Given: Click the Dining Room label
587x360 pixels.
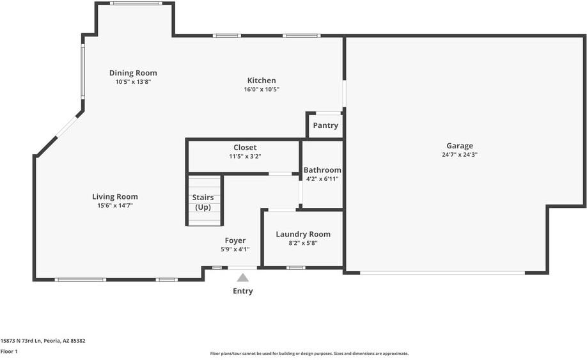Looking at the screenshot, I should tap(133, 73).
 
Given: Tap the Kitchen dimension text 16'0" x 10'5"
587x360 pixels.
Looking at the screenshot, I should tap(262, 90).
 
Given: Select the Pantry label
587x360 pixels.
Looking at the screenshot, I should tap(325, 125).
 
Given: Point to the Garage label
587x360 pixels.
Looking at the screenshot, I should tap(460, 146).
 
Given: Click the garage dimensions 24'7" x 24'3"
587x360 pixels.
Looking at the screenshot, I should tap(460, 155).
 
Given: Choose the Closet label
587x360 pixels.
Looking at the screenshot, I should tap(245, 148).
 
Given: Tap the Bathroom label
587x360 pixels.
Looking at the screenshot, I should tap(322, 170).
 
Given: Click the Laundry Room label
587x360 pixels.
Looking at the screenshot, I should tap(303, 234).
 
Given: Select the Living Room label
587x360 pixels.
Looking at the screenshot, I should tap(115, 196).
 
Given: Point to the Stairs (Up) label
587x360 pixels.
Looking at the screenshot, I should tap(203, 202).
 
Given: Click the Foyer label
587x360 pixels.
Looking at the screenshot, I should tap(235, 240).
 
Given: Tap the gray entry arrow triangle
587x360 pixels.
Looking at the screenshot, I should tap(242, 278).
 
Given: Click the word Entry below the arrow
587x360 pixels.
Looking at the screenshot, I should tap(243, 291).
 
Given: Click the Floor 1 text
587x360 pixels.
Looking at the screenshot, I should tap(9, 351).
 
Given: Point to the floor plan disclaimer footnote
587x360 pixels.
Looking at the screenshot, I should tap(309, 354).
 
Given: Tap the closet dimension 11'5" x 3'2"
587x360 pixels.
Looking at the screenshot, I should tap(245, 156).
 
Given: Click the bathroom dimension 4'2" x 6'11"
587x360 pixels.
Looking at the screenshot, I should tap(322, 179).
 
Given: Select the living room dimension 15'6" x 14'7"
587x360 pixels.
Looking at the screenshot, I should tap(115, 205).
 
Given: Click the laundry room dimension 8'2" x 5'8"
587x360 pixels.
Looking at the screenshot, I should tap(303, 243).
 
